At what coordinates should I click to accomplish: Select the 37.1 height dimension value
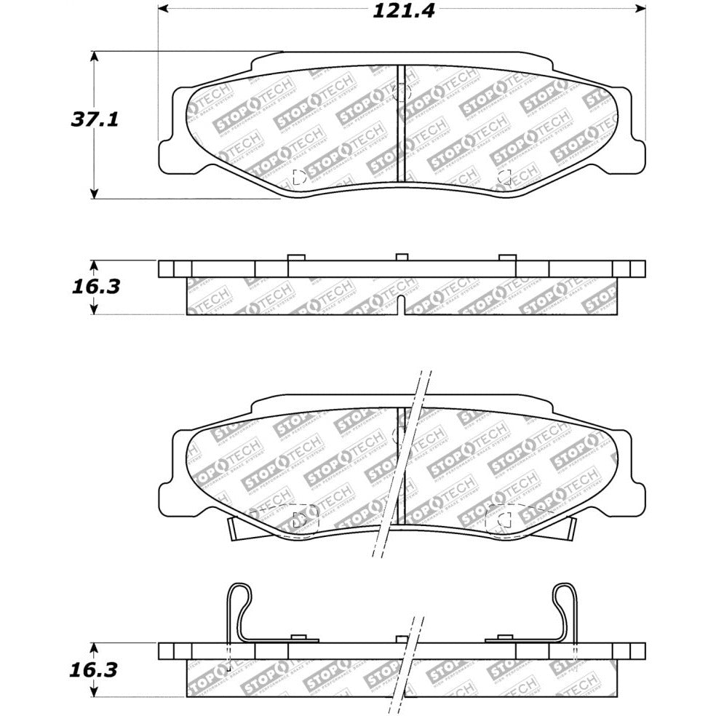(94, 119)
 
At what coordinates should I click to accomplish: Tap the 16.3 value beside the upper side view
(95, 286)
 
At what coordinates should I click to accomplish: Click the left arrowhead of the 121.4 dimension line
(164, 9)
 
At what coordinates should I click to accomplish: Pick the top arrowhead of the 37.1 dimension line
(94, 56)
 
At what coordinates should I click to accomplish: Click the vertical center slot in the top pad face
(400, 124)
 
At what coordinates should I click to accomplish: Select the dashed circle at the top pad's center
(402, 92)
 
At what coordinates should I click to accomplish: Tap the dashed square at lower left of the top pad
(298, 176)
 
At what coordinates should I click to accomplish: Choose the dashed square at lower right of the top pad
(504, 176)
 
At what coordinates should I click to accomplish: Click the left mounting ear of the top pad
(169, 154)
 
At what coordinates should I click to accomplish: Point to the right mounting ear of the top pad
(635, 154)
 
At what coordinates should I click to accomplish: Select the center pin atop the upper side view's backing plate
(401, 257)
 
